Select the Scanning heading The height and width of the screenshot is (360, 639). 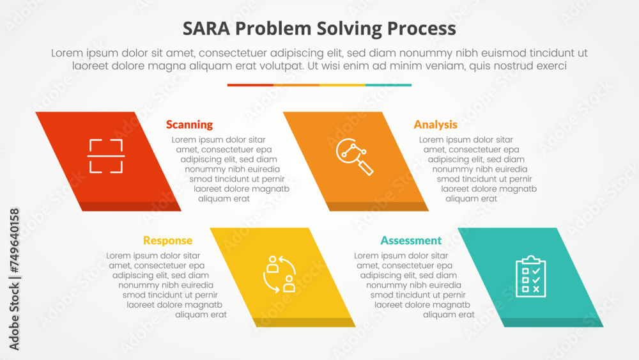point(189,125)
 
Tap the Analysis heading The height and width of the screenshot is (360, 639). point(435,125)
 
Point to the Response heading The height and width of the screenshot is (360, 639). point(167,240)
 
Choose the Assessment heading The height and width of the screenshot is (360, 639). point(411,240)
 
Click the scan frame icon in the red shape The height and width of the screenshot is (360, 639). point(105,156)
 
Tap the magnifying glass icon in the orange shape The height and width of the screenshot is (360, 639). point(355,156)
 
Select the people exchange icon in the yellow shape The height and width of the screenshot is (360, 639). point(280,274)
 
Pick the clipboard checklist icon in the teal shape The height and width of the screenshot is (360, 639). point(530,276)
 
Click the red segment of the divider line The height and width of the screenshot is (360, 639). point(250,84)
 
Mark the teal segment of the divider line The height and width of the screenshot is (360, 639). point(389,84)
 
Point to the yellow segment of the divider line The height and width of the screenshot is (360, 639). point(343,84)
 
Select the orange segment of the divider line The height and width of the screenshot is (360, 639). point(296,84)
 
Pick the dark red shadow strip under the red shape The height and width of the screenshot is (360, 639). point(128,207)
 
